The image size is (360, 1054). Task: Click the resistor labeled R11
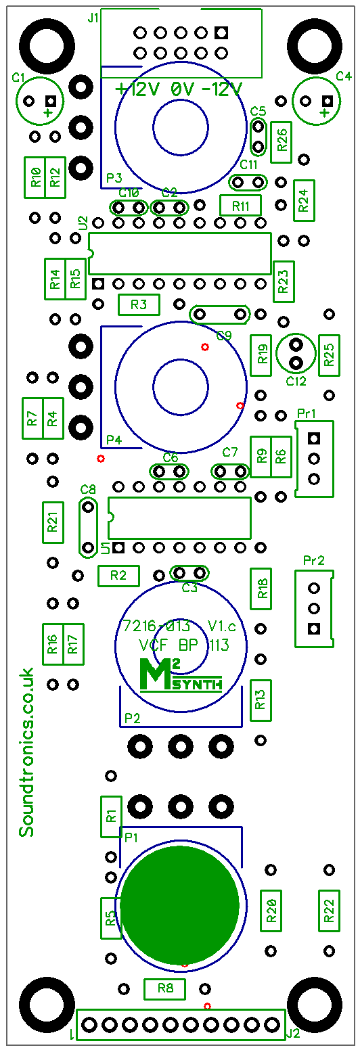pyautogui.click(x=240, y=206)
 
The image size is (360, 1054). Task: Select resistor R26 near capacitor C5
pyautogui.click(x=282, y=142)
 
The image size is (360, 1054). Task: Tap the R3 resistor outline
pyautogui.click(x=139, y=304)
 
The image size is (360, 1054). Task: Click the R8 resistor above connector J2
pyautogui.click(x=165, y=988)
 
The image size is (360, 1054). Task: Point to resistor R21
pyautogui.click(x=53, y=522)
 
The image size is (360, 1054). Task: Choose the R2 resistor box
pyautogui.click(x=118, y=576)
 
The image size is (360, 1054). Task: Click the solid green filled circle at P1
pyautogui.click(x=180, y=904)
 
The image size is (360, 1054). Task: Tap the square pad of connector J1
pyautogui.click(x=221, y=32)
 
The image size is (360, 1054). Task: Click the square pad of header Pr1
pyautogui.click(x=314, y=438)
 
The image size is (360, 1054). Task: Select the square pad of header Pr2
pyautogui.click(x=314, y=628)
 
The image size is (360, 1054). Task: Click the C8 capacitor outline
pyautogui.click(x=88, y=528)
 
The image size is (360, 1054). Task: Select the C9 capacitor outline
pyautogui.click(x=220, y=314)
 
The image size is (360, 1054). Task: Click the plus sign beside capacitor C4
pyautogui.click(x=324, y=113)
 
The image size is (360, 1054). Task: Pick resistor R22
pyautogui.click(x=330, y=911)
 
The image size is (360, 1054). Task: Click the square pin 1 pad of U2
pyautogui.click(x=98, y=283)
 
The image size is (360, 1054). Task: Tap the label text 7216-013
pyautogui.click(x=156, y=626)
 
